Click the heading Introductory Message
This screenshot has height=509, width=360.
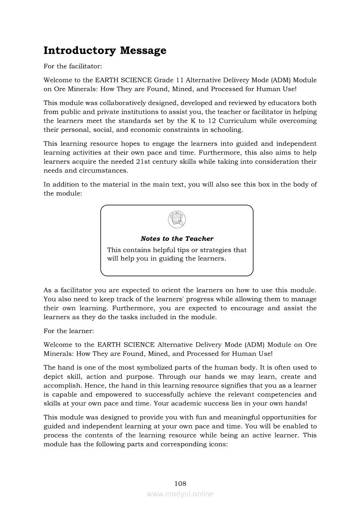tap(105, 51)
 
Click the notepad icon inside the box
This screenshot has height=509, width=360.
tap(177, 219)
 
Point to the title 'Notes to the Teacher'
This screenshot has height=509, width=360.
tap(177, 239)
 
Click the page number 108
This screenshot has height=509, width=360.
tap(180, 483)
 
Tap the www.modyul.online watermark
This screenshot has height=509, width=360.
tap(180, 494)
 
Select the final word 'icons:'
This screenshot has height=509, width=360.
tap(219, 444)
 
